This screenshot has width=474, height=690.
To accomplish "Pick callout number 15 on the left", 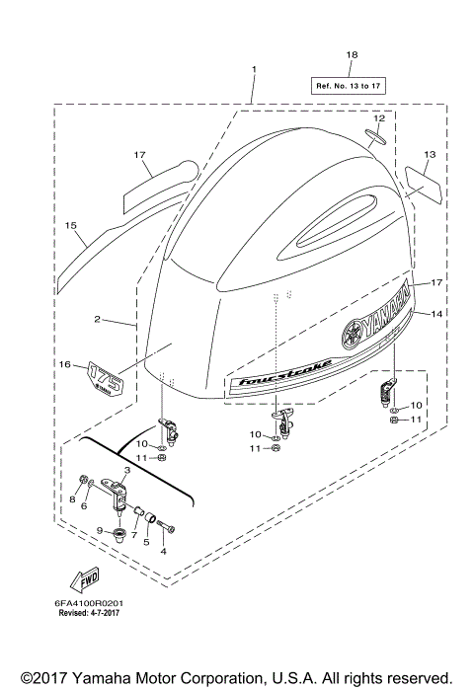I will (70, 226).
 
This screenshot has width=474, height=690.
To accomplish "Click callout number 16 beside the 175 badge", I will (65, 365).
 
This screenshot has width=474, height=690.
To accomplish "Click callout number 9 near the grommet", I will (100, 530).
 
